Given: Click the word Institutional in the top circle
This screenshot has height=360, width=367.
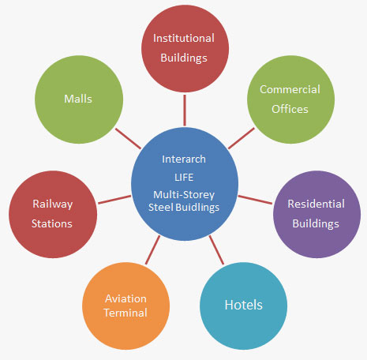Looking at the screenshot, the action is click(184, 38).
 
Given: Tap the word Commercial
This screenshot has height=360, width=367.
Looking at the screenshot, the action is click(290, 89).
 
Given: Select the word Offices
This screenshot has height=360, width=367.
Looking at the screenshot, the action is click(290, 109).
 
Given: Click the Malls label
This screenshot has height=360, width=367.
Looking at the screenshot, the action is click(78, 99).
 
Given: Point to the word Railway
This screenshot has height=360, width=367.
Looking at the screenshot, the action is click(53, 204).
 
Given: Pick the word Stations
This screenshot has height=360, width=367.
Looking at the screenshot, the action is click(52, 223).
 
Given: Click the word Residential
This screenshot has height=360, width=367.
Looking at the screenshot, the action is click(316, 204).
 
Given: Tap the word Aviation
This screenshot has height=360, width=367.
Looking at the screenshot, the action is click(125, 298).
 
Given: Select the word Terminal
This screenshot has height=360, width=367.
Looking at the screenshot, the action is click(125, 313).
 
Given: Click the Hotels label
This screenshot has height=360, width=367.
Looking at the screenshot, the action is click(244, 305).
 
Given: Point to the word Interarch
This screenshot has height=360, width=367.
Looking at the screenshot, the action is click(184, 159).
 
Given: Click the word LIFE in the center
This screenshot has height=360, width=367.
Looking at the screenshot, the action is click(184, 178).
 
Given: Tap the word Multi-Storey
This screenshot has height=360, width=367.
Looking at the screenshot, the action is click(184, 195).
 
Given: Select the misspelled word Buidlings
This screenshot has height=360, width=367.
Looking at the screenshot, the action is click(197, 208).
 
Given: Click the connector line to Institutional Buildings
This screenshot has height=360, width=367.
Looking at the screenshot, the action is click(185, 111).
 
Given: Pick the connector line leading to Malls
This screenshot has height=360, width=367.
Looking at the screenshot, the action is click(128, 139).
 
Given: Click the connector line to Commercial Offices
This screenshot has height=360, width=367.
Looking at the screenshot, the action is click(242, 138).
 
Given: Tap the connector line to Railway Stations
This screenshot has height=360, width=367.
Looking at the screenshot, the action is click(114, 200).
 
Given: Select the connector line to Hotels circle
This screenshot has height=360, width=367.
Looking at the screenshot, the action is click(216, 250).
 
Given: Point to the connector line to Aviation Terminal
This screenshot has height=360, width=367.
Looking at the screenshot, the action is click(152, 250).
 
